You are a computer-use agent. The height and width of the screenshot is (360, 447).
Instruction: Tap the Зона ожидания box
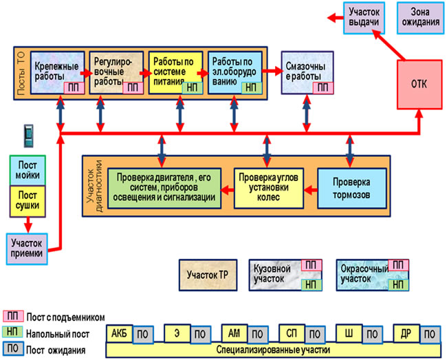[x=421, y=17]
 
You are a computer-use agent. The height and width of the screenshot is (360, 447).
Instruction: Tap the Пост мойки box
[x=28, y=171]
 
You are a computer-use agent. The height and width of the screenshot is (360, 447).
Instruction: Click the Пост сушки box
[x=28, y=200]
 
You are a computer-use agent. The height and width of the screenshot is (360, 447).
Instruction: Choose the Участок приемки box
[x=28, y=246]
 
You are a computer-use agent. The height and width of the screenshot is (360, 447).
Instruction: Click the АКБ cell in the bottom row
[x=118, y=333]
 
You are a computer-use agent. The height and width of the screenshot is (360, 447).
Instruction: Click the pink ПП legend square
[x=12, y=317]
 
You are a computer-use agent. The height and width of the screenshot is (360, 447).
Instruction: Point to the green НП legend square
[x=12, y=333]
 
